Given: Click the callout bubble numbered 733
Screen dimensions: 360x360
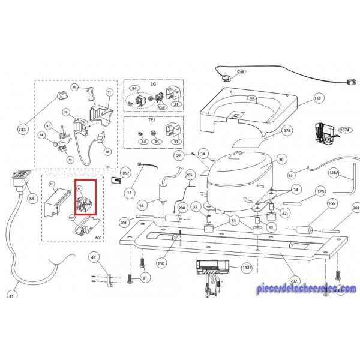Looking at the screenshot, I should [x=22, y=130].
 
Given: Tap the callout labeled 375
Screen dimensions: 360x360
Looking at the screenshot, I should [x=287, y=131].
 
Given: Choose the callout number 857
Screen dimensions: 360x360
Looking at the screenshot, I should [x=126, y=173].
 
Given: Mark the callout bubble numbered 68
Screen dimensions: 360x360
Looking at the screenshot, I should [x=32, y=198].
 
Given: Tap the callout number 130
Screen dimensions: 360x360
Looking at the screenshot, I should [x=161, y=263].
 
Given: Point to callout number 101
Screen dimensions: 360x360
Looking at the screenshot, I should [x=144, y=278].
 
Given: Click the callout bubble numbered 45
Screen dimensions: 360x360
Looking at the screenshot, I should [x=93, y=257].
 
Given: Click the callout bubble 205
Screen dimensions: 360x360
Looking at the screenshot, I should [x=190, y=175].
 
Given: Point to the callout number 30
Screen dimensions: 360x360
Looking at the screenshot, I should [x=282, y=160].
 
